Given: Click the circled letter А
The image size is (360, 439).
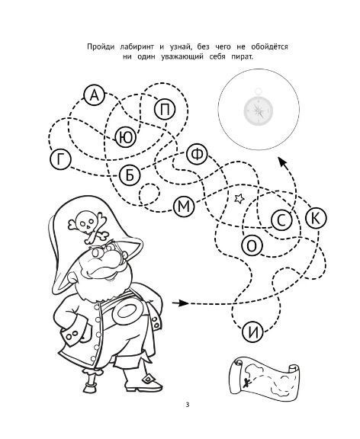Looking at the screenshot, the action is pos(95,95).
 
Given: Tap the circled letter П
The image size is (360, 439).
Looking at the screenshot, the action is pos(165,109).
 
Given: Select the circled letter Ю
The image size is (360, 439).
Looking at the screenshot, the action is pos(125,137).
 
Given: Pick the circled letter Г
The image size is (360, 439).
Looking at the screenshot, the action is pos(60,159).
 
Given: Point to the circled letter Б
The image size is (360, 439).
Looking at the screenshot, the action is pos(130,175).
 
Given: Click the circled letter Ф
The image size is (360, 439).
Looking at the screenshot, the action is pos(197,154).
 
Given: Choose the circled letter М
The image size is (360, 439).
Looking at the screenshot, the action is pos(184,207).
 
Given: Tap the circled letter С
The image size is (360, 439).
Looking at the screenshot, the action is pos(281,220).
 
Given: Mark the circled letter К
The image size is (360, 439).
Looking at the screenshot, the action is pos(316,218).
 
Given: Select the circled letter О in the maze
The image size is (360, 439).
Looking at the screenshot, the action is pos(252,246).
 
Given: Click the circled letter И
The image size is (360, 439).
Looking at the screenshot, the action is pos(253,332).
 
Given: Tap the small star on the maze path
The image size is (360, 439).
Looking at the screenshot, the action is pos(239,198).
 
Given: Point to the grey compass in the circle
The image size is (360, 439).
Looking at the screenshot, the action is pos(258,108).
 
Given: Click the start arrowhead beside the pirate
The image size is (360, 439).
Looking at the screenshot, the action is pos(184,303).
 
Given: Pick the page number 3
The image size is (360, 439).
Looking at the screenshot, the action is pos(187,404).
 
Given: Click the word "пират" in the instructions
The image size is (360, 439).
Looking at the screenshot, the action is pos(243,57).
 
